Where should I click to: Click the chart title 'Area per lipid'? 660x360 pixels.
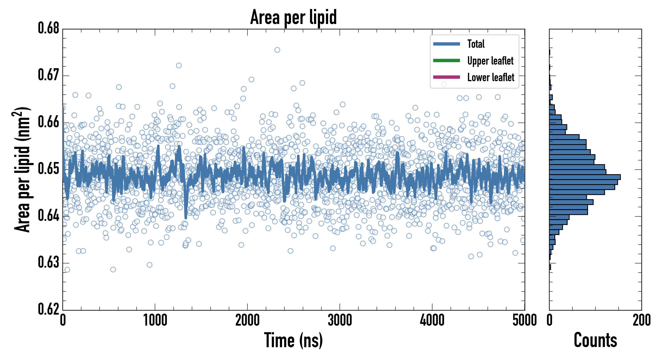coord(293,17)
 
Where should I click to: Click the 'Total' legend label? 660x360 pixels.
coord(476,44)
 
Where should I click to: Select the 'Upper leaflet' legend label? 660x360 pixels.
coord(490,61)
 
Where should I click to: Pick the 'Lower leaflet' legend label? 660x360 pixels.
coord(491,77)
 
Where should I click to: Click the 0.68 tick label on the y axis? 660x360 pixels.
coord(49,28)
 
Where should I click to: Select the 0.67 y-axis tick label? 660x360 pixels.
coord(49,75)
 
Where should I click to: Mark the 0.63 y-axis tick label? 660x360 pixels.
coord(49,262)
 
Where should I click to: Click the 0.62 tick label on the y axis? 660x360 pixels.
coord(49,309)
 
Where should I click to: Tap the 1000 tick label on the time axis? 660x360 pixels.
coord(155,320)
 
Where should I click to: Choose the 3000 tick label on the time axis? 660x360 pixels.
coord(340,320)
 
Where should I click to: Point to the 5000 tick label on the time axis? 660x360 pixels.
coord(524,320)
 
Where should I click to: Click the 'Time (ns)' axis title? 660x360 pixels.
coord(293,340)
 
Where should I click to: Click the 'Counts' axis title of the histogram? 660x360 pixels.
coord(595,340)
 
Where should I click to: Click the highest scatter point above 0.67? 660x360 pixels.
coord(277,50)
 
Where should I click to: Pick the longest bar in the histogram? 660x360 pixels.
coord(585,177)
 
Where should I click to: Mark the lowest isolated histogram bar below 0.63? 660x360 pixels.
coord(550,267)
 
